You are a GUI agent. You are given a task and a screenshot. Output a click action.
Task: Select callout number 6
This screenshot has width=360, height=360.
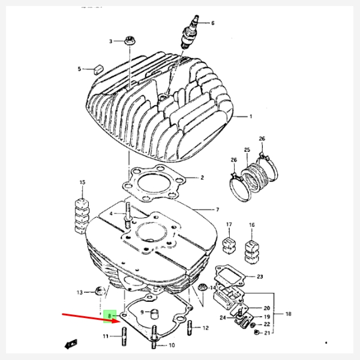pyautogui.click(x=212, y=23)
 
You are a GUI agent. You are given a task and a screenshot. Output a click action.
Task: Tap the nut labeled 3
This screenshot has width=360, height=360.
pyautogui.click(x=128, y=41)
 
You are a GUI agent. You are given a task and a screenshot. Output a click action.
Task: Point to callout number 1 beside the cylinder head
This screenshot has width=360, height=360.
pyautogui.click(x=251, y=116)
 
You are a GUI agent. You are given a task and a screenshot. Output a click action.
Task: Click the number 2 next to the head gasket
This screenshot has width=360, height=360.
pyautogui.click(x=202, y=178)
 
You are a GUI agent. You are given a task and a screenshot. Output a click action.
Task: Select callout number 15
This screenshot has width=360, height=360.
pyautogui.click(x=82, y=182)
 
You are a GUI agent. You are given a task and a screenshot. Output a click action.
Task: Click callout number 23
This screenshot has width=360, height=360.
pyautogui.click(x=260, y=277)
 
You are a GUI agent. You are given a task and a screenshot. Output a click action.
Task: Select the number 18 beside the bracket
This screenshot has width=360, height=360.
pyautogui.click(x=287, y=314)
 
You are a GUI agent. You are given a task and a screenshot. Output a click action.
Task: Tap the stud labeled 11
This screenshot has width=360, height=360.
pyautogui.click(x=124, y=336)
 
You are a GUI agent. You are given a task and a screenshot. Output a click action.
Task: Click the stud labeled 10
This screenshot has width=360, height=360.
pyautogui.click(x=154, y=337)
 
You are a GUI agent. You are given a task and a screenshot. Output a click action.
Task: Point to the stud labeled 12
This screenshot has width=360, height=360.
pyautogui.click(x=191, y=328)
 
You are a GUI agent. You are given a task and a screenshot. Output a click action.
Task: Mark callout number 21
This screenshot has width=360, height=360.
pyautogui.click(x=267, y=332)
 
